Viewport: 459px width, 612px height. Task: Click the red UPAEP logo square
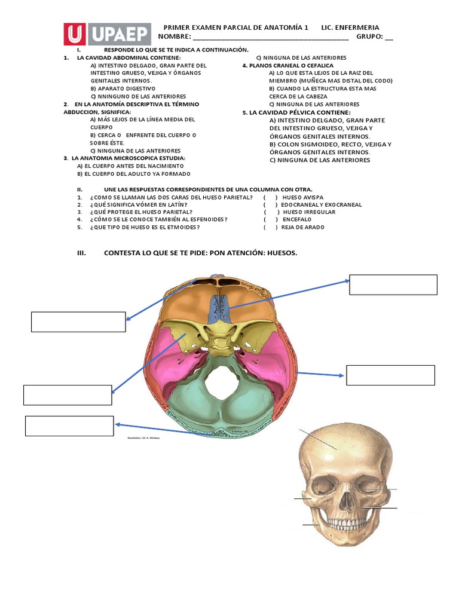tap(76, 35)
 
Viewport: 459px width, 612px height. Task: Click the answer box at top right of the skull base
tap(393, 284)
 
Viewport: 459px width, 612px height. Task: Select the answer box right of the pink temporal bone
tap(390, 375)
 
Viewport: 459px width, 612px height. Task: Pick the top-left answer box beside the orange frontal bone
tap(78, 322)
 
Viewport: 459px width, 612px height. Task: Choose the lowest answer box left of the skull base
tap(69, 426)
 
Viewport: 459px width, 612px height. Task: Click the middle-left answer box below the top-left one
tap(68, 395)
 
